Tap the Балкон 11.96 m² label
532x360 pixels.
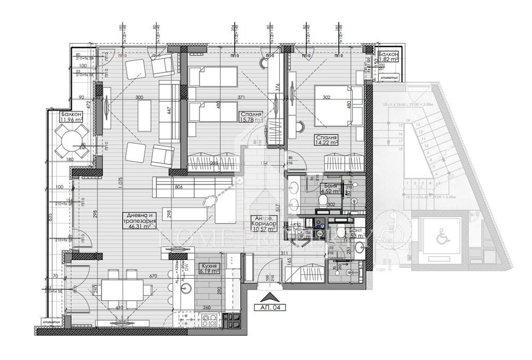click(71, 118)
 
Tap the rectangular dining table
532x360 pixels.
click(121, 290)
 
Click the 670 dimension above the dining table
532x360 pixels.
click(154, 276)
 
